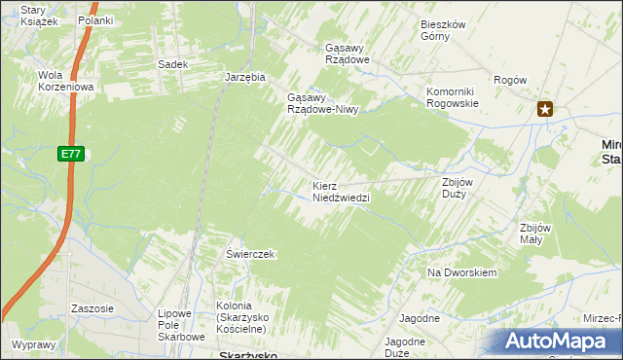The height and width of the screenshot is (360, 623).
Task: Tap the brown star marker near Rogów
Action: point(545,110)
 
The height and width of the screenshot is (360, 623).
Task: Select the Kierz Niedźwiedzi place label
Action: point(341,191)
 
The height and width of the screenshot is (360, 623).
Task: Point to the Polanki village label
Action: point(95,20)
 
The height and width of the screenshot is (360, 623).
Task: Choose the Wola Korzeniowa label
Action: point(64,81)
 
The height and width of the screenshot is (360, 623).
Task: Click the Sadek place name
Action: point(171,64)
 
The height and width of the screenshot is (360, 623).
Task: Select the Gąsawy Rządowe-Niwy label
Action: point(323,103)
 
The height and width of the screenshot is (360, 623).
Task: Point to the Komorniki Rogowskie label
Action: point(453,97)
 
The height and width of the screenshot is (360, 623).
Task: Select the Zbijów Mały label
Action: point(536,234)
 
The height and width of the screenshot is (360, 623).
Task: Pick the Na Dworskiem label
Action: point(462,272)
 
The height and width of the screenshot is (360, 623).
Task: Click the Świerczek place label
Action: point(251,254)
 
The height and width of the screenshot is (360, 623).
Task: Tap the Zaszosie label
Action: point(92,308)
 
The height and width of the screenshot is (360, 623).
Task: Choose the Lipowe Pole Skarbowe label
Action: point(181,327)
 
